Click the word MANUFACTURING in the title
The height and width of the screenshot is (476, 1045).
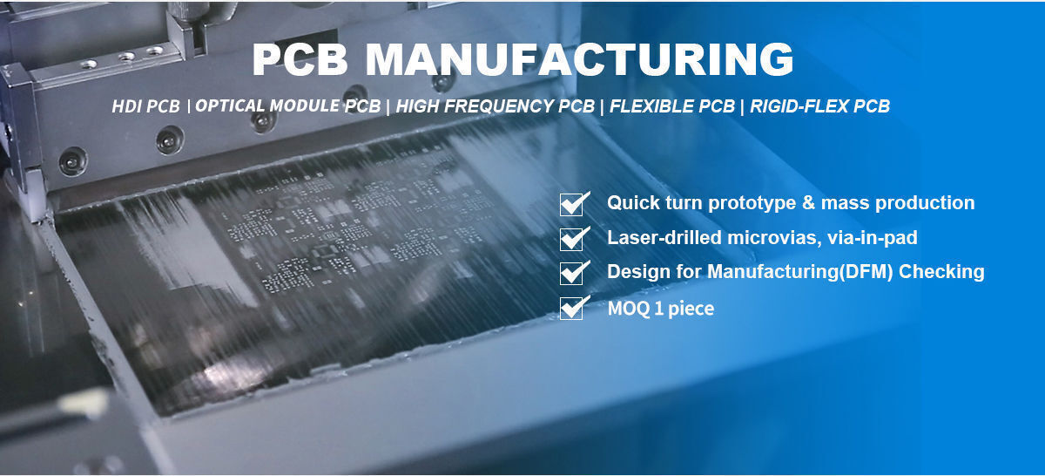579,60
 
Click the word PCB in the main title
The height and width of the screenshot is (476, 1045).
301,60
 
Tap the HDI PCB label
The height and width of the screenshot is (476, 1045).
146,107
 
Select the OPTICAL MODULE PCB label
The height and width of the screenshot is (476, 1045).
288,106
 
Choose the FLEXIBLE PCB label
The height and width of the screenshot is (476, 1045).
672,107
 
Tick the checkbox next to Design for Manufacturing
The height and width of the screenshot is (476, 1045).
571,273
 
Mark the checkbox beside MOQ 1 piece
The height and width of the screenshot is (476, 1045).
571,308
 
